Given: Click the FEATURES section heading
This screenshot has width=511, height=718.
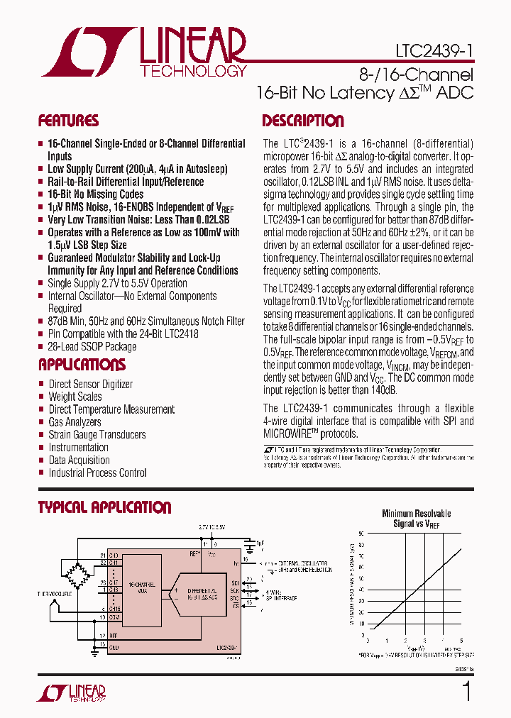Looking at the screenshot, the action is [x=68, y=121].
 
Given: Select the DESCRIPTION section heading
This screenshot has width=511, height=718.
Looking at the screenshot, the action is [x=303, y=121].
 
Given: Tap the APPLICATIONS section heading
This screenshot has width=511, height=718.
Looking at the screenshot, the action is [x=82, y=365].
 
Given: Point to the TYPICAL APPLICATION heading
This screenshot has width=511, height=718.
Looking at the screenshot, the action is [x=104, y=508].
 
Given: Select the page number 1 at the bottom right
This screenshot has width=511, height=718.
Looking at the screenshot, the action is [x=466, y=691].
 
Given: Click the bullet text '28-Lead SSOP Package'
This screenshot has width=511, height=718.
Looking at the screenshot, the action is [x=92, y=347].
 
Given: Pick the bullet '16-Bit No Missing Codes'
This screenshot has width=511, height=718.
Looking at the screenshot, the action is [x=95, y=194].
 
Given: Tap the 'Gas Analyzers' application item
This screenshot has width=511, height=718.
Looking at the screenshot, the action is [x=75, y=422].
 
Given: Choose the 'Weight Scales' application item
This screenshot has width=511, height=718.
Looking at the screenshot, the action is [x=75, y=397].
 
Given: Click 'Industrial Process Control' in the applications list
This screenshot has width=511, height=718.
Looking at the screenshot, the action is [x=97, y=473].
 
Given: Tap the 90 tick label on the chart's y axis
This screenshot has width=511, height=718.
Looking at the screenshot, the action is [x=361, y=533].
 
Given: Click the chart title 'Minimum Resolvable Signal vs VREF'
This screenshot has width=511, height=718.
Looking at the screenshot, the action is [x=416, y=519].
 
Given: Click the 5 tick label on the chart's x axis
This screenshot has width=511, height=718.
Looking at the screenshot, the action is [x=461, y=641].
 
